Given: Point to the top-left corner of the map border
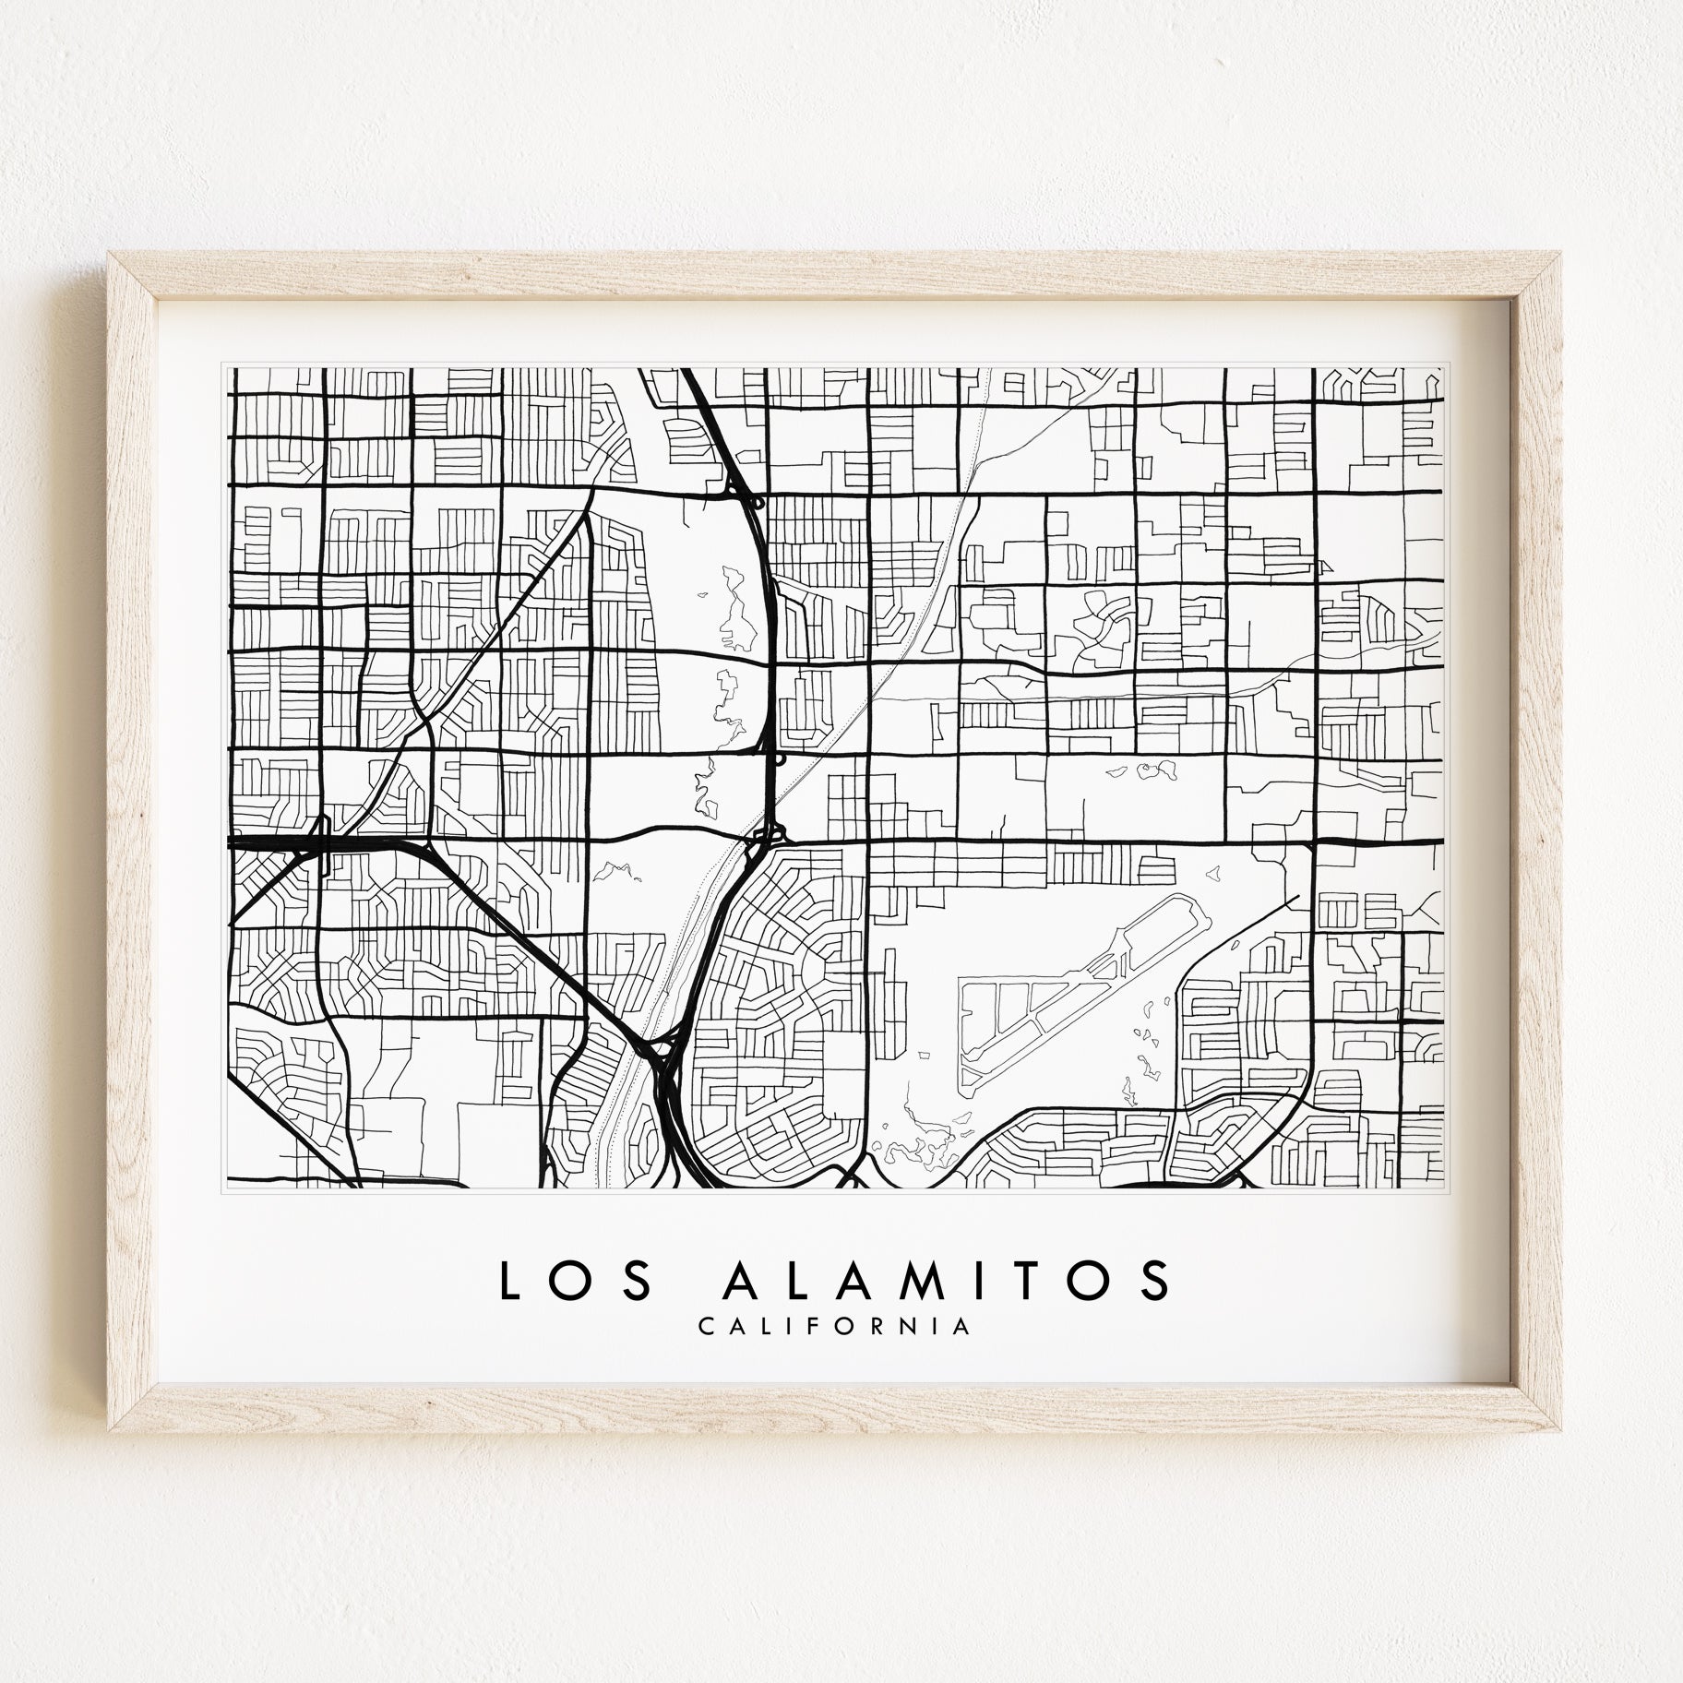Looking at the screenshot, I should point(228,368).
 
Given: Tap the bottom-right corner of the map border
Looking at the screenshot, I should point(1441,1188).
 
